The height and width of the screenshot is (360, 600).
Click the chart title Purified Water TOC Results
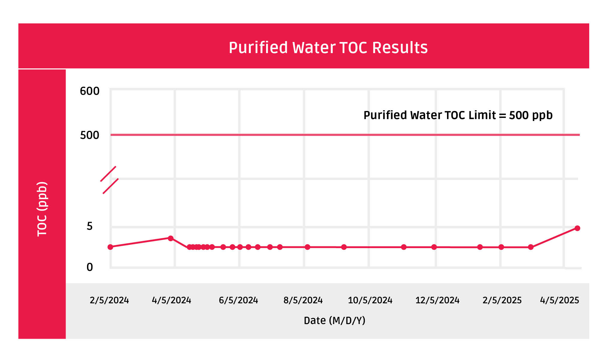(x=328, y=48)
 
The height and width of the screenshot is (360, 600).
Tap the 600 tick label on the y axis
(x=89, y=91)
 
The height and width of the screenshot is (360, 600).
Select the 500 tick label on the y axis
(x=89, y=135)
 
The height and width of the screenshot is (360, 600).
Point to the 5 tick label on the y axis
(x=89, y=226)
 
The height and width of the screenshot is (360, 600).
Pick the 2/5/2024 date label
(x=109, y=300)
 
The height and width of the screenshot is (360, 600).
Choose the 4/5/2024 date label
(x=171, y=300)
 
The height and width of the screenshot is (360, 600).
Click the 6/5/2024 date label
(x=238, y=300)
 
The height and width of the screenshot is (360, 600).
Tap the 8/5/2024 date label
(x=303, y=300)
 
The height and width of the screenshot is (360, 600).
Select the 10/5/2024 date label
(x=370, y=300)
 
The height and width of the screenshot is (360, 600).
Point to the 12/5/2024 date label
(x=437, y=300)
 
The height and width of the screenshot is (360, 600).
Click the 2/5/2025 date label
(x=502, y=300)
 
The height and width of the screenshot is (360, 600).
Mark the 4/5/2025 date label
(x=559, y=300)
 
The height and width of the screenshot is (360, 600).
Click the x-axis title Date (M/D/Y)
(x=334, y=321)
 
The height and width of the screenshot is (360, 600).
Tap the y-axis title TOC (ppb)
(x=42, y=209)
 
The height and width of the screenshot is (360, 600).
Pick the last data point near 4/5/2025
(x=577, y=228)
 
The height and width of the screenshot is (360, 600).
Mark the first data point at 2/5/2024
(x=110, y=247)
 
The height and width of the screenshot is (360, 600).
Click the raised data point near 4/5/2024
(x=170, y=238)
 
